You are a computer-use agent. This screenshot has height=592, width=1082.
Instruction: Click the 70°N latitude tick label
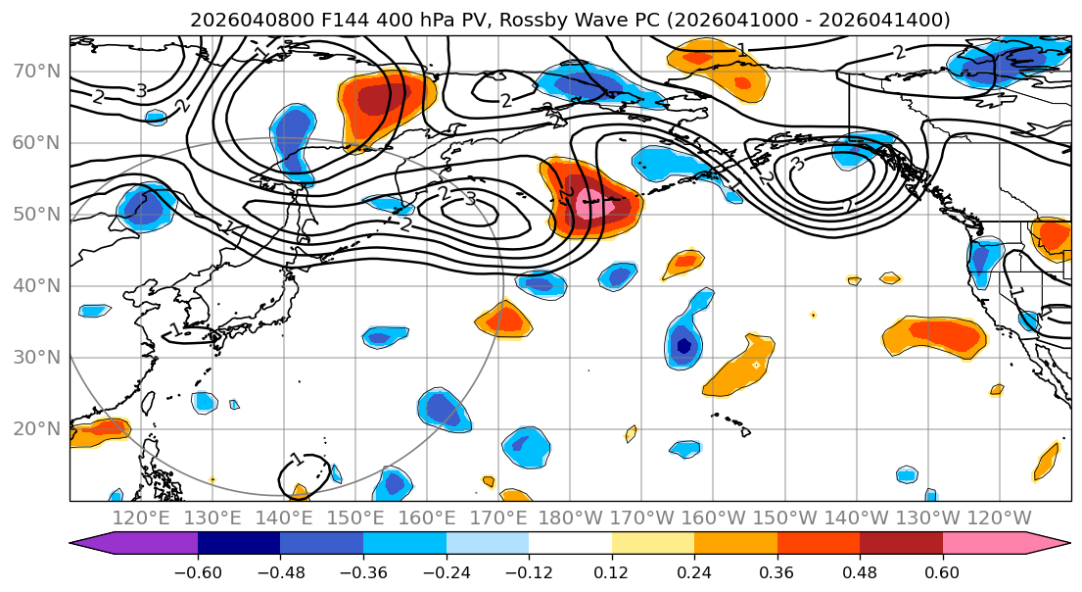[x=36, y=71]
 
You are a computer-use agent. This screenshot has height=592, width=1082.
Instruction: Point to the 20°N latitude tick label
[x=36, y=428]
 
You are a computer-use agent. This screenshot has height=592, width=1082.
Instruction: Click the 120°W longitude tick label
[x=999, y=518]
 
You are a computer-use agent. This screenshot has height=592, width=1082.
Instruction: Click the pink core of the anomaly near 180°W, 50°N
[x=589, y=206]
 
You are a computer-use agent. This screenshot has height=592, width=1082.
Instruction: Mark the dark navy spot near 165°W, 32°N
[x=684, y=345]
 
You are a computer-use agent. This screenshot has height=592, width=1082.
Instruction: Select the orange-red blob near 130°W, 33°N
[x=936, y=335]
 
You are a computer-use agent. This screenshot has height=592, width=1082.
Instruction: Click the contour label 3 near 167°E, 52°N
[x=470, y=199]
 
